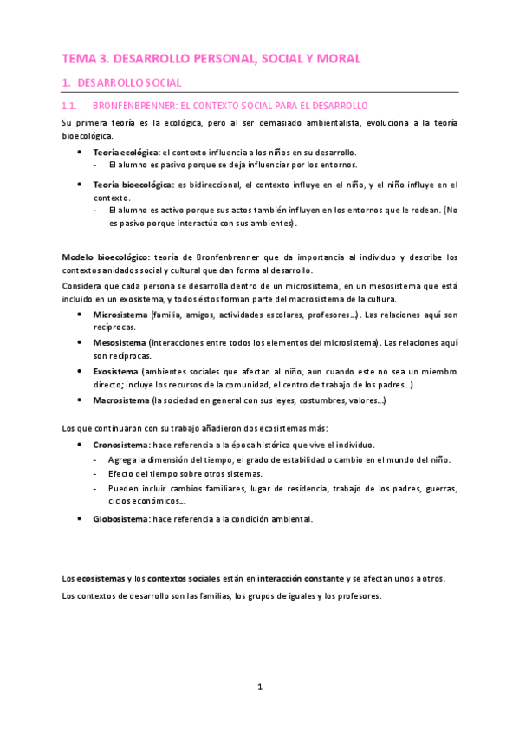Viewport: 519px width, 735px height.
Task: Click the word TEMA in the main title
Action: coord(79,59)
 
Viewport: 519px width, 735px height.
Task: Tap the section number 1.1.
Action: coord(72,105)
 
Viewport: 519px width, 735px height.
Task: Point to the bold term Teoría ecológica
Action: coord(121,152)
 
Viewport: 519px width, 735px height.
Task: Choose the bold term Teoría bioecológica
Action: coord(133,185)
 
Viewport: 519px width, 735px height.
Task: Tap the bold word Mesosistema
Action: coord(120,342)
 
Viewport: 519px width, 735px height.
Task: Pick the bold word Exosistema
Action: coord(118,371)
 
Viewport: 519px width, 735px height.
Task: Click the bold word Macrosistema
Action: coord(121,400)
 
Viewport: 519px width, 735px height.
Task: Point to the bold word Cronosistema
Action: coord(120,444)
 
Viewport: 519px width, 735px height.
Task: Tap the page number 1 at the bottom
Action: coord(259,686)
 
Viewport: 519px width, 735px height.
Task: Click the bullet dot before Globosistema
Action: coord(80,518)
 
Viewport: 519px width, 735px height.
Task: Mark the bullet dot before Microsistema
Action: coord(80,314)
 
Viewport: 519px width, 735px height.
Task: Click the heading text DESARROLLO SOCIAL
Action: coord(129,82)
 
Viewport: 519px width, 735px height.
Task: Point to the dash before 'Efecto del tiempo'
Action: coord(95,473)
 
